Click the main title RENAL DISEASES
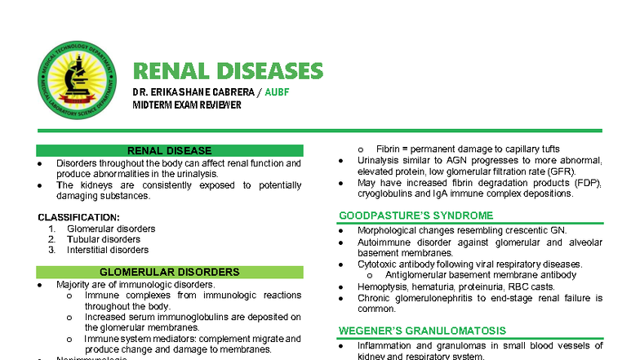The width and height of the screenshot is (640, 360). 228,71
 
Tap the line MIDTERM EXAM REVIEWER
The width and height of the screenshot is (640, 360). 187,104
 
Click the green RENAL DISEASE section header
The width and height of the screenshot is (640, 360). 169,151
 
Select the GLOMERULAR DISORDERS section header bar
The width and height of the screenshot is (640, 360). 169,272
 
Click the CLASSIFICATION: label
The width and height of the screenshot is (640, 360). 78,217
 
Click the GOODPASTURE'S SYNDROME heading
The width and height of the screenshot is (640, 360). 416,216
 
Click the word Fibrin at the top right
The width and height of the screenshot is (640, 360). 389,149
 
